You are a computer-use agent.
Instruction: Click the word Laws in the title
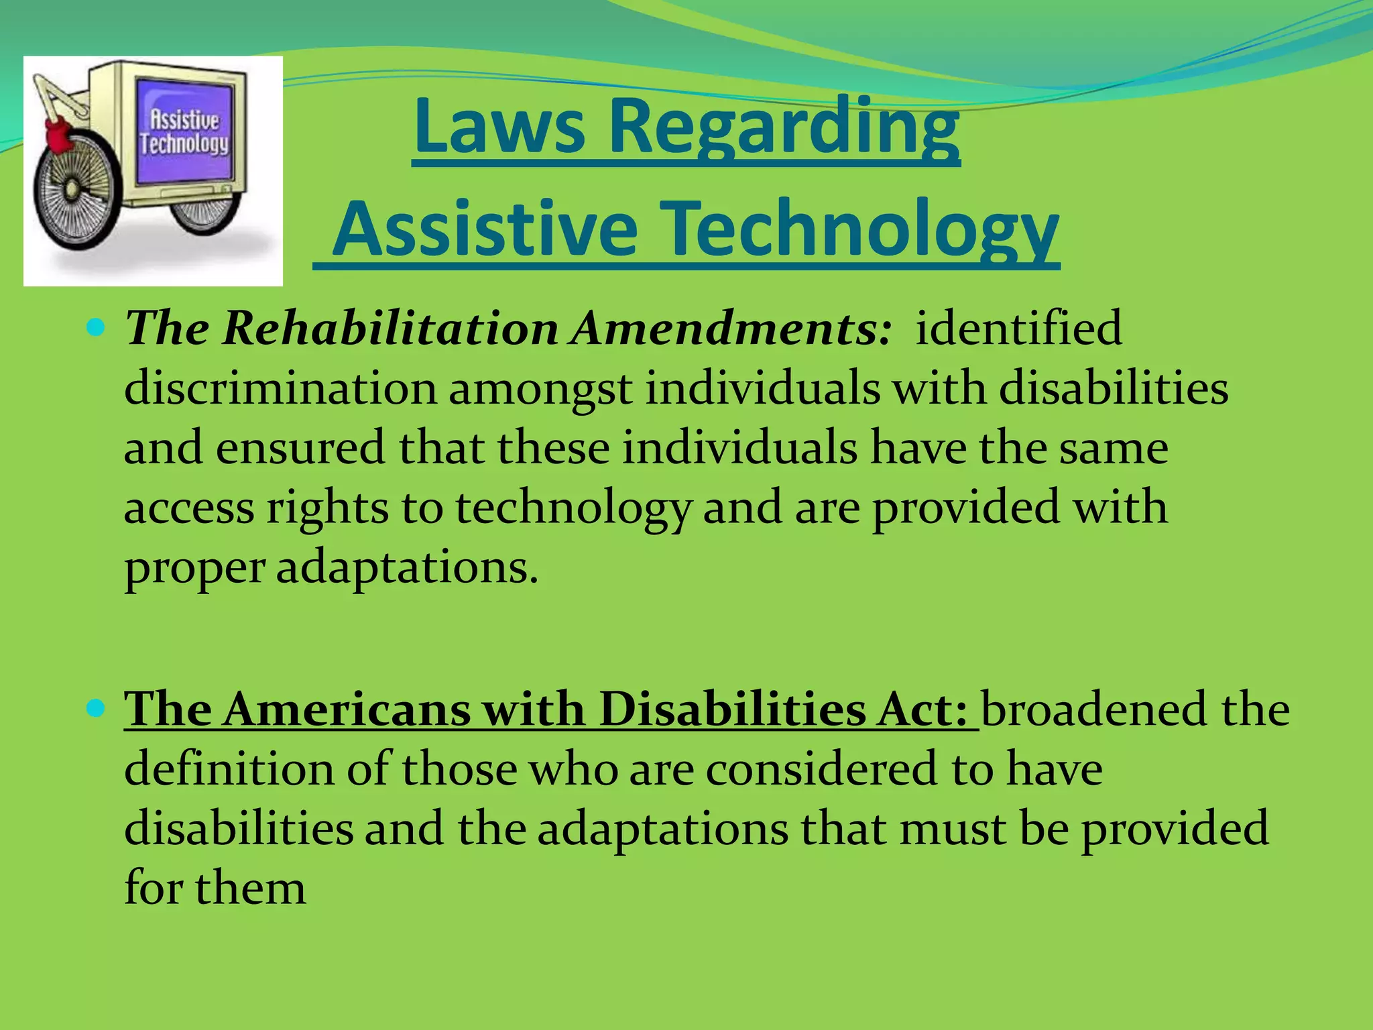coord(499,126)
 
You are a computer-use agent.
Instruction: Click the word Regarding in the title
coord(784,126)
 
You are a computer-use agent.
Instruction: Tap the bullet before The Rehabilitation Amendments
coord(97,327)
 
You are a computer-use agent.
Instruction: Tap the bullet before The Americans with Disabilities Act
coord(97,708)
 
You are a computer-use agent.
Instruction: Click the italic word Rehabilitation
coord(390,328)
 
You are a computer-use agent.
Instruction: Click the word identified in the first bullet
coord(1018,328)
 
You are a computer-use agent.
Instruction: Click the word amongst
coord(540,389)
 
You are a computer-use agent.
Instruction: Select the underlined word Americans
coord(347,709)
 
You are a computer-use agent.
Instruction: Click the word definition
coord(229,768)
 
